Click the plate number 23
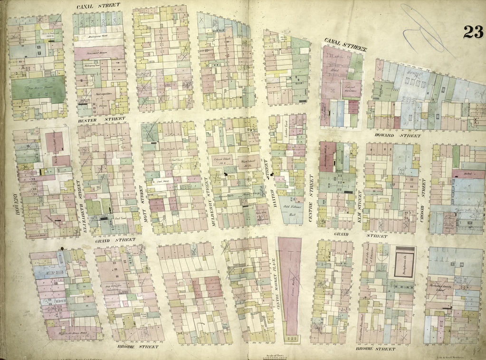coord(473,32)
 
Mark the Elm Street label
coord(360,200)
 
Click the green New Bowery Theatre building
coord(38,89)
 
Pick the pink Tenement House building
coord(99,53)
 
